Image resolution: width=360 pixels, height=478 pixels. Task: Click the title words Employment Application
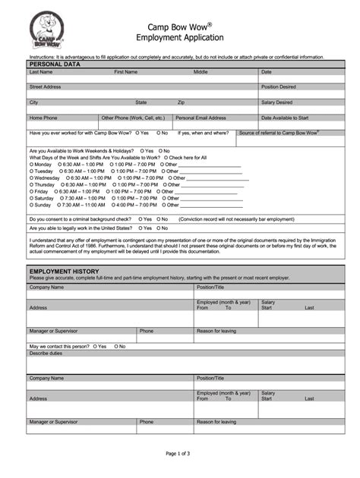(180, 37)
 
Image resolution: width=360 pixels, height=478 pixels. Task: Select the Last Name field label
(41, 72)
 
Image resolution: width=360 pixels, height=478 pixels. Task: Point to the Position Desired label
(279, 86)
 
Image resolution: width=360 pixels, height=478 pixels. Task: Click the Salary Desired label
(276, 102)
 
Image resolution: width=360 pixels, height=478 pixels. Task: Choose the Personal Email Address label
(201, 118)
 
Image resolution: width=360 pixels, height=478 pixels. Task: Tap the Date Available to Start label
(285, 118)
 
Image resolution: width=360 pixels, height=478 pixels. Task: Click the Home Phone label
(43, 118)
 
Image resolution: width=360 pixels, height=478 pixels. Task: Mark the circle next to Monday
(31, 165)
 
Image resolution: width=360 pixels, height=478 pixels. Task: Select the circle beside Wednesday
(31, 178)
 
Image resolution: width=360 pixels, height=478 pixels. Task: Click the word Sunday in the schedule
(43, 205)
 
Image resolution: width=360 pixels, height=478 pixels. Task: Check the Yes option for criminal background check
(141, 219)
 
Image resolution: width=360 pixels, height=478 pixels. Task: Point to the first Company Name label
(46, 288)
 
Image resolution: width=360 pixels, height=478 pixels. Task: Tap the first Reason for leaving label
(216, 331)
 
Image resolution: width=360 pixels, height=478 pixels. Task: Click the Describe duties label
(46, 353)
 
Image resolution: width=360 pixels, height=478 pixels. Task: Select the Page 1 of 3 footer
(180, 453)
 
